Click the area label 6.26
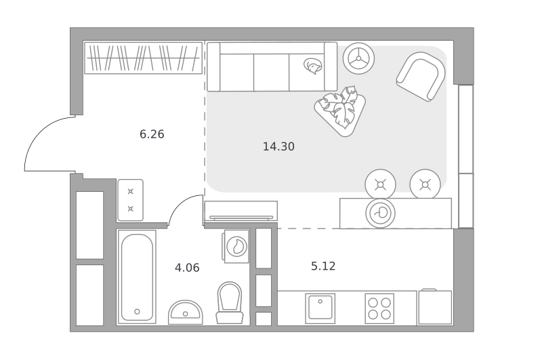click(x=152, y=134)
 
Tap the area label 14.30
click(x=278, y=146)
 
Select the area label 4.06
click(x=187, y=268)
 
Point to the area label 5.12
click(x=323, y=266)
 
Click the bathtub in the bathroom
click(x=137, y=277)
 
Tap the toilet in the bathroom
click(x=230, y=302)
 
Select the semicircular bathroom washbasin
click(x=185, y=313)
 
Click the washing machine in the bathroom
click(x=236, y=247)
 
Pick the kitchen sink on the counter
click(x=320, y=308)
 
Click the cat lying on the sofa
click(x=313, y=66)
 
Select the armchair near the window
click(x=421, y=77)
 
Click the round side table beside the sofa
click(x=358, y=58)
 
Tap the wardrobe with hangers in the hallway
click(x=144, y=58)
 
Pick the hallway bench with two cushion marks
click(x=130, y=200)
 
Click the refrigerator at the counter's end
click(x=435, y=307)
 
